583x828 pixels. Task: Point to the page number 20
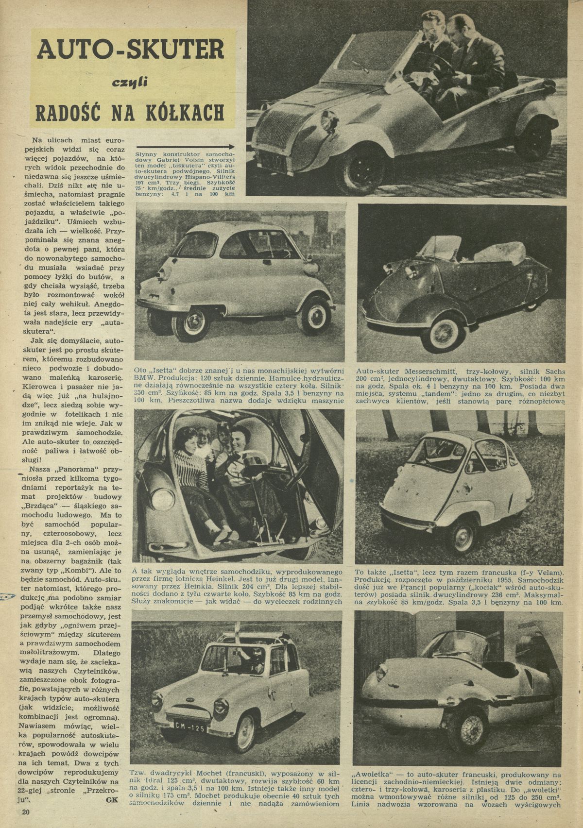tap(25, 812)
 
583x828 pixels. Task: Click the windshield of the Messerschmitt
tap(439, 248)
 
